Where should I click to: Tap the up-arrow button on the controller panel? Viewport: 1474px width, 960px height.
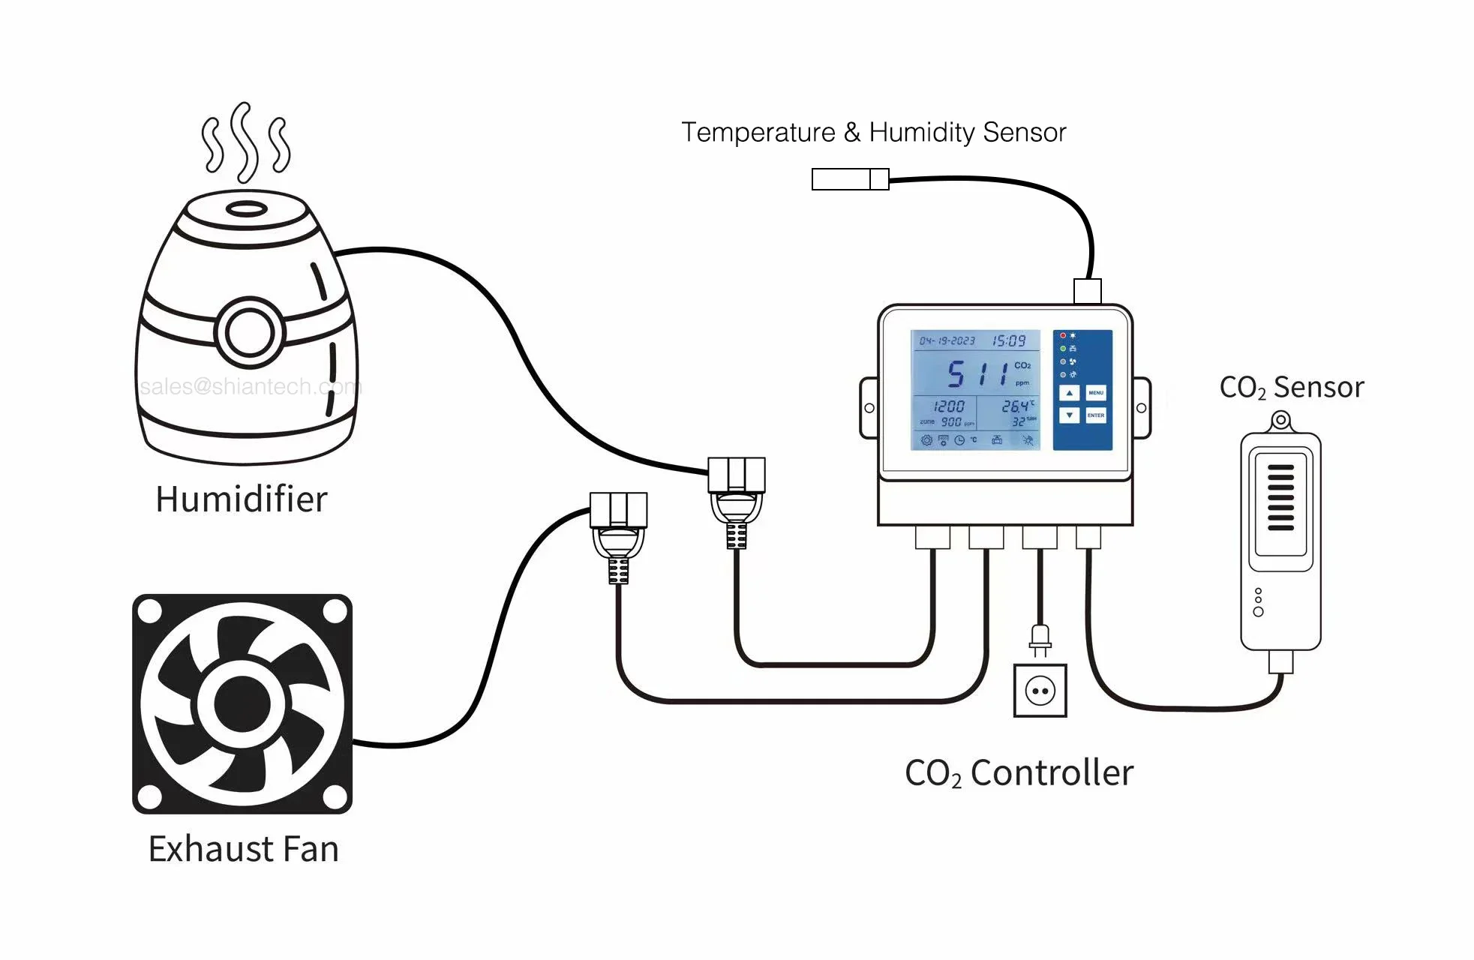click(1070, 393)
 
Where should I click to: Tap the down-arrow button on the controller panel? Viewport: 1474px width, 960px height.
click(1070, 415)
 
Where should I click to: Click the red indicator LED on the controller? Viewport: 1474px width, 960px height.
click(1063, 335)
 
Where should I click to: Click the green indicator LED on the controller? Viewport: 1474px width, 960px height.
click(1063, 349)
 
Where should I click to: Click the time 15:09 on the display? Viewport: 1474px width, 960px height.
click(1009, 341)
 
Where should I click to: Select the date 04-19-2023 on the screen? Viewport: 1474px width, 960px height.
click(947, 341)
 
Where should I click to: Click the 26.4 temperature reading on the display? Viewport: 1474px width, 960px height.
click(1016, 406)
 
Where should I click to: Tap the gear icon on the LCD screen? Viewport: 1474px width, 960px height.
click(926, 440)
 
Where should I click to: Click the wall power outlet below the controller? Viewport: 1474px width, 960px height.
click(1040, 691)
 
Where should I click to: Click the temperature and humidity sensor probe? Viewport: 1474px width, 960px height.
click(850, 179)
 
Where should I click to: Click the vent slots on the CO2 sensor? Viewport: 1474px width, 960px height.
click(1280, 497)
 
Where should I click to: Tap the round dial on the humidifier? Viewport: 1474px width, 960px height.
click(250, 332)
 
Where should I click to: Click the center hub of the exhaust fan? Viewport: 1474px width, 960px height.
click(242, 704)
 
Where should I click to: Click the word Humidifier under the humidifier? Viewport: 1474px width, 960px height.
click(242, 499)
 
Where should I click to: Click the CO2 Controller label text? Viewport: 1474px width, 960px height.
click(1019, 773)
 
